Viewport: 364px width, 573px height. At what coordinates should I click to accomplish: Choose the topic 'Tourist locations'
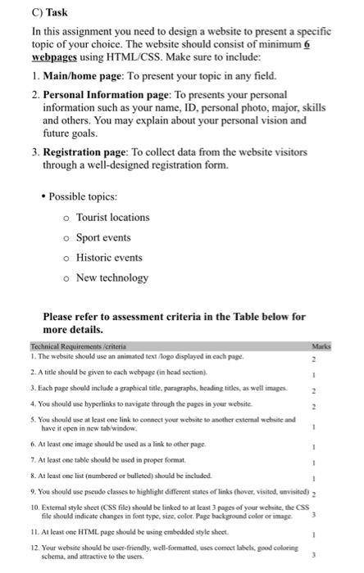(x=112, y=217)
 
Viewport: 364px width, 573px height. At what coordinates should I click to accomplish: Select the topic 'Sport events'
(x=102, y=237)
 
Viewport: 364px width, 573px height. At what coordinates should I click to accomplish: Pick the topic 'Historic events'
(x=109, y=258)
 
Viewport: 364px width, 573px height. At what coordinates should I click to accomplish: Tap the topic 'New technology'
(x=111, y=277)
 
